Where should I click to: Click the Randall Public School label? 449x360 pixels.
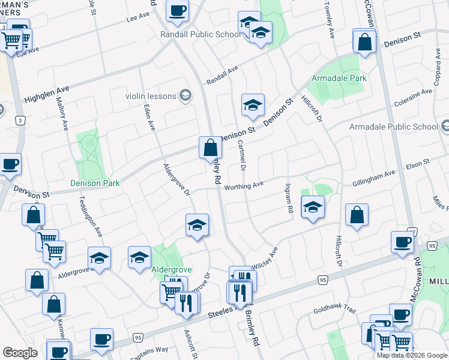pos(200,35)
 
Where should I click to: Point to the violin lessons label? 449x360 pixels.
pos(151,96)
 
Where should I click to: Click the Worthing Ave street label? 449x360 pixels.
pos(244,187)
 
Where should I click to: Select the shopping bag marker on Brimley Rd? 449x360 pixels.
pos(210,148)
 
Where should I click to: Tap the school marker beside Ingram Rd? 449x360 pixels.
pos(312,208)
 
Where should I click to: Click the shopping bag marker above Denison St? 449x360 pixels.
pos(364,43)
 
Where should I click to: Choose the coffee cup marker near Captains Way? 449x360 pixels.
pos(101,339)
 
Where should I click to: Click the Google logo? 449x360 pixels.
pos(20,353)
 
